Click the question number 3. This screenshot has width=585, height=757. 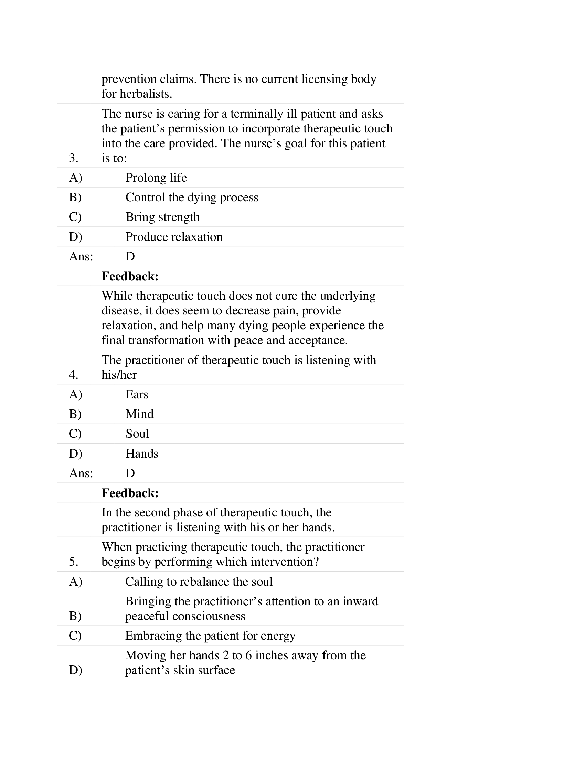pyautogui.click(x=74, y=158)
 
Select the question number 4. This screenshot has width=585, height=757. pyautogui.click(x=74, y=375)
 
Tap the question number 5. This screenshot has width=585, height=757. pyautogui.click(x=74, y=562)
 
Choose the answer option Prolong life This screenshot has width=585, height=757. pyautogui.click(x=156, y=178)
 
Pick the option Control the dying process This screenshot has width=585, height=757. pyautogui.click(x=192, y=198)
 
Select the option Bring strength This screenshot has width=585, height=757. pyautogui.click(x=162, y=217)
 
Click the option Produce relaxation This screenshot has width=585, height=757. pyautogui.click(x=174, y=237)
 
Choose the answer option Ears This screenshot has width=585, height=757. pyautogui.click(x=137, y=395)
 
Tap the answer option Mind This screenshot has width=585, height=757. pyautogui.click(x=139, y=414)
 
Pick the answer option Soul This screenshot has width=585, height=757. pyautogui.click(x=137, y=434)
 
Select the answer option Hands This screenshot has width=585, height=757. pyautogui.click(x=142, y=454)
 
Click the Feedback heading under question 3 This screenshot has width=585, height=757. pyautogui.click(x=130, y=277)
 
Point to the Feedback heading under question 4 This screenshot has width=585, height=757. pyautogui.click(x=130, y=493)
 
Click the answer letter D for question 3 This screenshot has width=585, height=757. pyautogui.click(x=130, y=257)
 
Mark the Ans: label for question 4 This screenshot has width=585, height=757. pyautogui.click(x=81, y=473)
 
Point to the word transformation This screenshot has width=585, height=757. pyautogui.click(x=166, y=340)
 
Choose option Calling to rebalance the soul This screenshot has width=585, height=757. pyautogui.click(x=199, y=582)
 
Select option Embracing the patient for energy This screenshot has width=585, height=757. pyautogui.click(x=210, y=636)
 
